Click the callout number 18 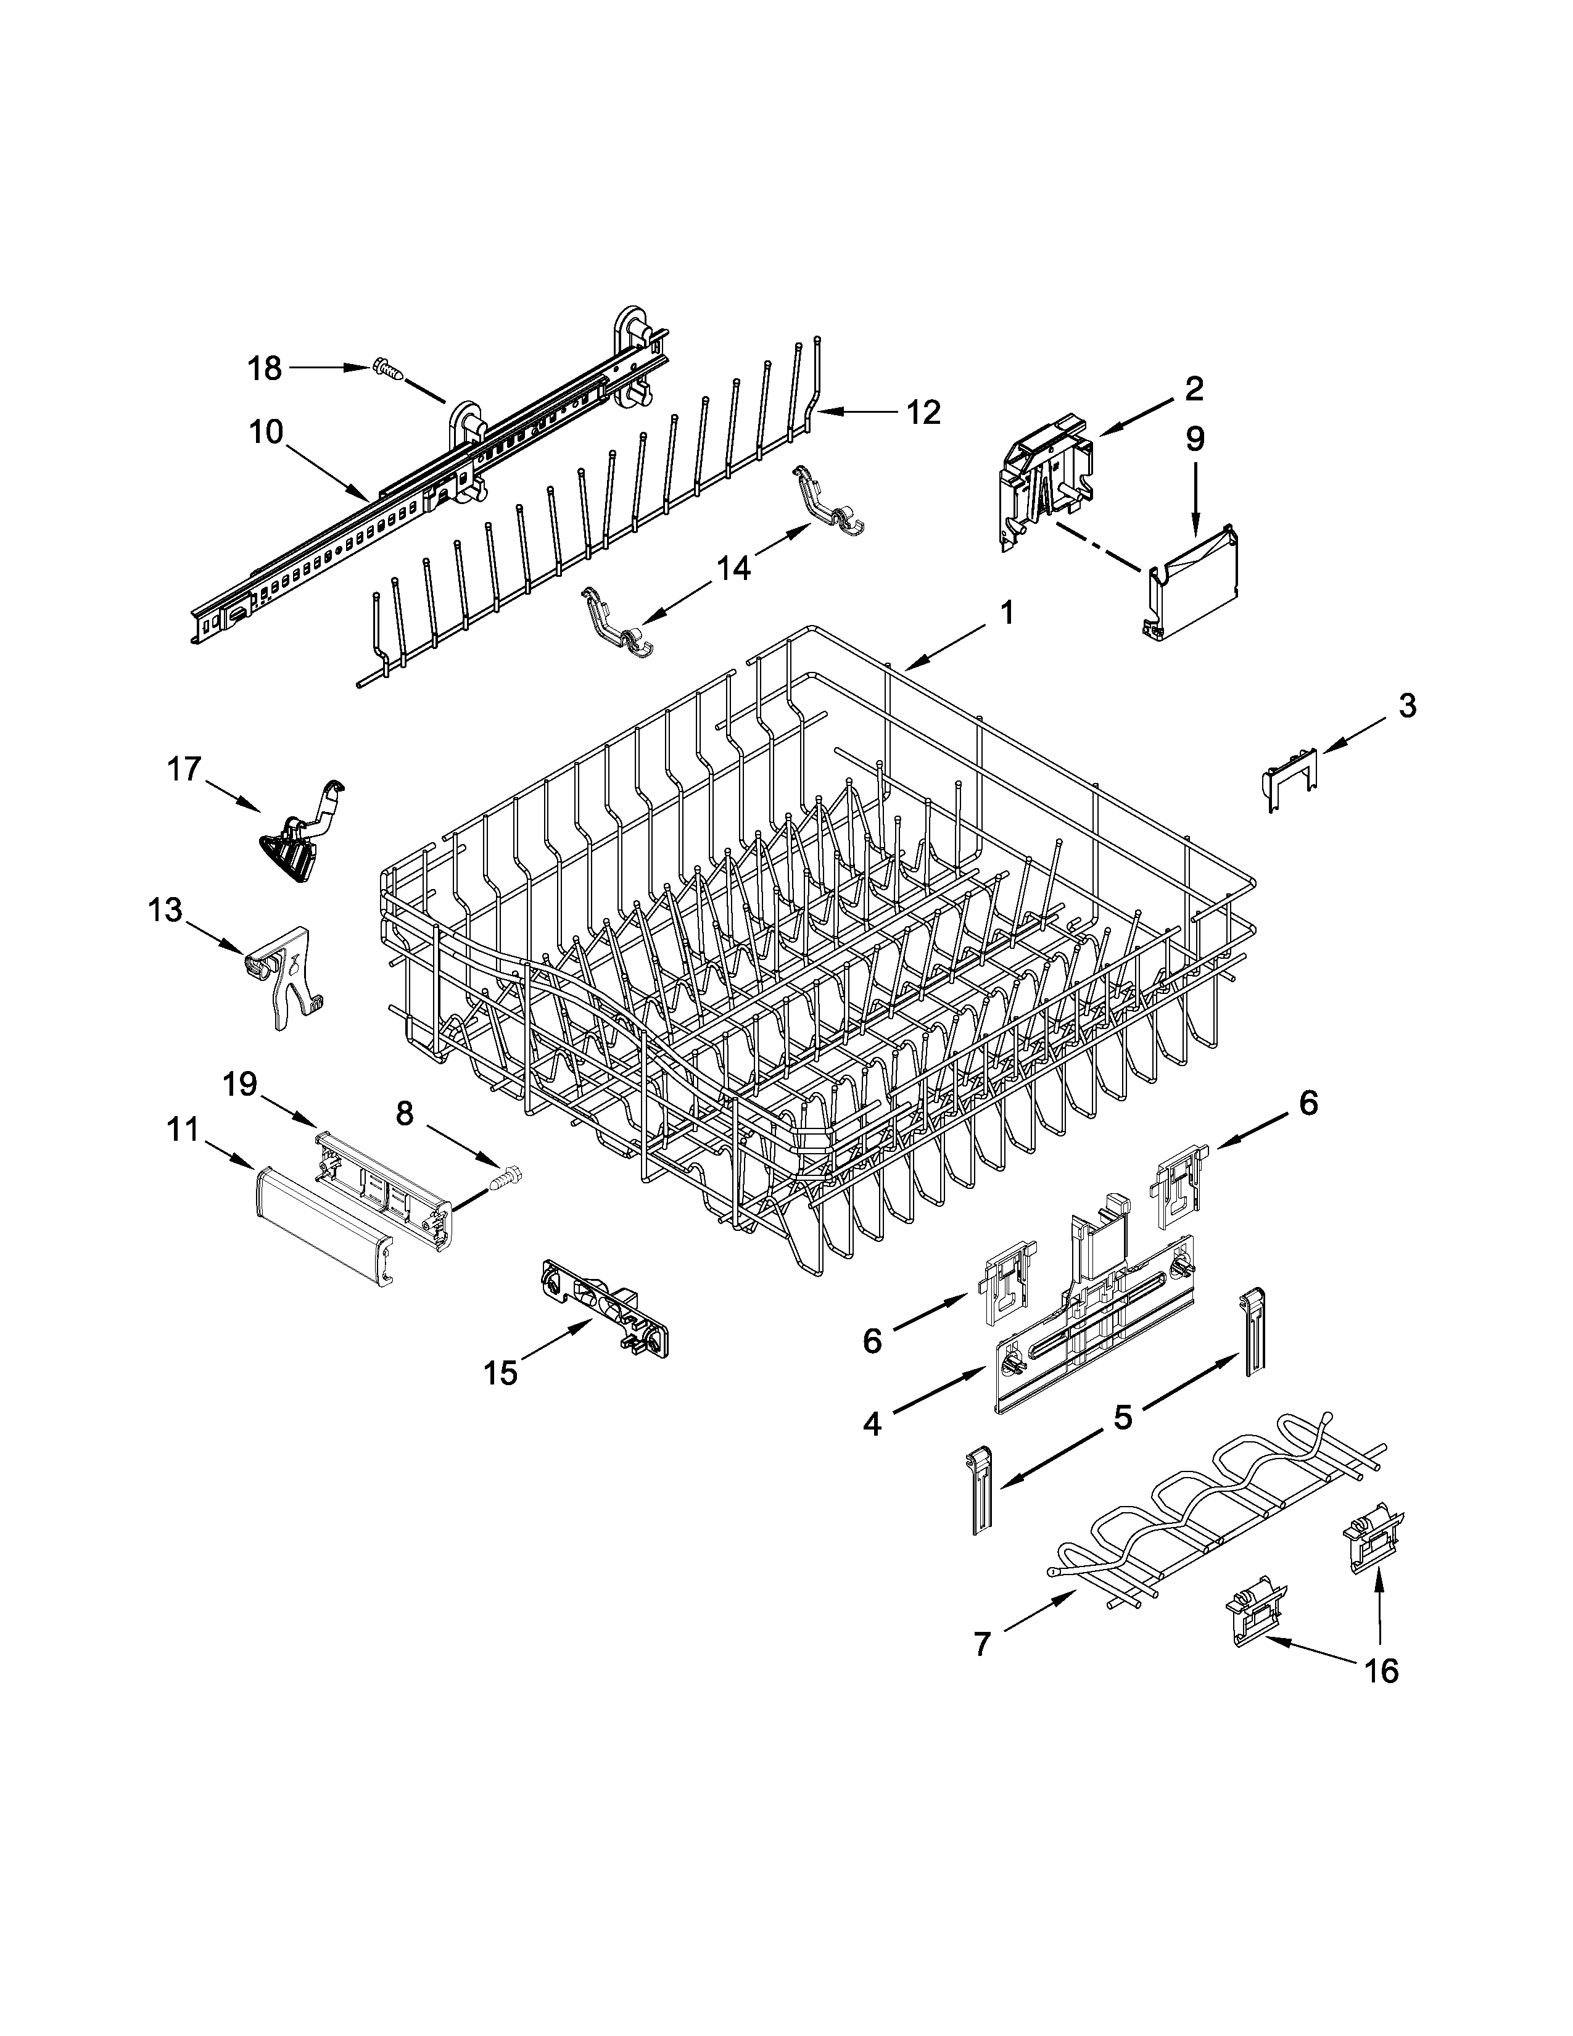point(265,368)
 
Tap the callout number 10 point(266,432)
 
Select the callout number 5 point(1123,1417)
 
